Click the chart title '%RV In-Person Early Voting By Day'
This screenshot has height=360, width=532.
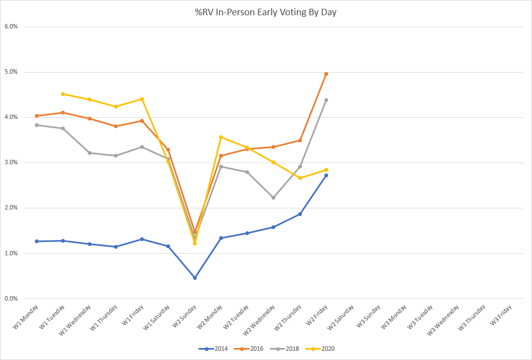(x=265, y=11)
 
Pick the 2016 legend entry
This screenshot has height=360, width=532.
(x=253, y=349)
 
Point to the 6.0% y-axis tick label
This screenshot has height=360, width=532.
(x=11, y=26)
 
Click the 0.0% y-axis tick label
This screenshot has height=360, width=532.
(x=11, y=298)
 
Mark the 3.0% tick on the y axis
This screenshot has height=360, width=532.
(x=11, y=163)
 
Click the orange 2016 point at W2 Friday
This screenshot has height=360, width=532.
(x=326, y=74)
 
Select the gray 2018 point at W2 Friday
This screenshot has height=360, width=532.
(x=326, y=100)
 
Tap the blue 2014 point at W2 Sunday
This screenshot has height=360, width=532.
(x=195, y=278)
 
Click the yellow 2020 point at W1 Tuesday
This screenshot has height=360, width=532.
(x=63, y=94)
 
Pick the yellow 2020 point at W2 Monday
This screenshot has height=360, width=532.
(x=221, y=137)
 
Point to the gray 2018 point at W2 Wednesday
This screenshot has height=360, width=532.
(x=273, y=197)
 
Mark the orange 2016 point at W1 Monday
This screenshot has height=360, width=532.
(x=37, y=116)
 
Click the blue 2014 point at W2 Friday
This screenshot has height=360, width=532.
(x=326, y=175)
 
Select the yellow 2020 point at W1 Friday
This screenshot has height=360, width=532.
(x=142, y=99)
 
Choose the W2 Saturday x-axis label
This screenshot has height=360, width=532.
(x=341, y=318)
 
